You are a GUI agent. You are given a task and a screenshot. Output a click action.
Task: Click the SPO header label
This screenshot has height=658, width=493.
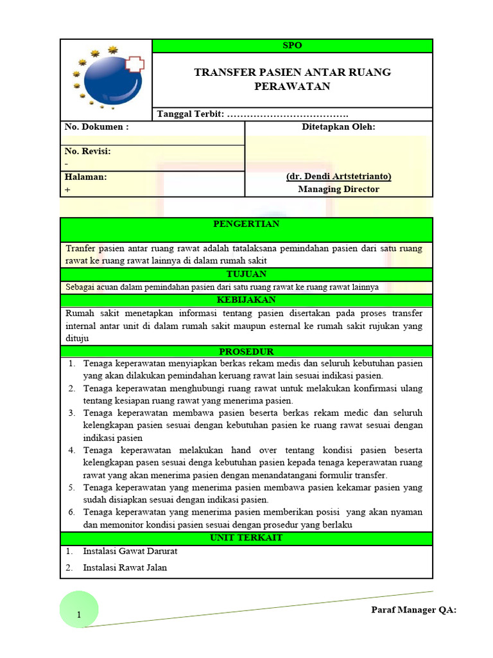292,46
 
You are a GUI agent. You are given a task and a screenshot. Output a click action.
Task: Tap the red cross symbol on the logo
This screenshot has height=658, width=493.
135,64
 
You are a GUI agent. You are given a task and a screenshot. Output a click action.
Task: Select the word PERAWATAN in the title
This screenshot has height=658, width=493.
292,86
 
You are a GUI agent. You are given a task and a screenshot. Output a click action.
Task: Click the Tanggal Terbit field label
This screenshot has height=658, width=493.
191,114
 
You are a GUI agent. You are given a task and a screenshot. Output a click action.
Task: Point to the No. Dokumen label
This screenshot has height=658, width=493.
97,127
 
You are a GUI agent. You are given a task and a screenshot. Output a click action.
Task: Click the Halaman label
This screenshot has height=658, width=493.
86,177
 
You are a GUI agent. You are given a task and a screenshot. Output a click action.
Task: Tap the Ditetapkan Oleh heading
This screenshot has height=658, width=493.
338,127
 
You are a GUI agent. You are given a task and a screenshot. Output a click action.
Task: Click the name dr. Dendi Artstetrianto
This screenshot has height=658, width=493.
338,177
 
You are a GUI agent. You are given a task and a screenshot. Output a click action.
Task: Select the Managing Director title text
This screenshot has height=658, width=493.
338,190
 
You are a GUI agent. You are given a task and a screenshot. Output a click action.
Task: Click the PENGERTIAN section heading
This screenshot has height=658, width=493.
246,224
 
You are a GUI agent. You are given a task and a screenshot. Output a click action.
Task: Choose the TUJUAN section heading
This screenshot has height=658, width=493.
246,274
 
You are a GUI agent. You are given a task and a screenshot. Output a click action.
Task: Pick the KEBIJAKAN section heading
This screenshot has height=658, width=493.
246,300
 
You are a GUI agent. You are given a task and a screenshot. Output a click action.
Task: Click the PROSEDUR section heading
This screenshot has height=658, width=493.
246,351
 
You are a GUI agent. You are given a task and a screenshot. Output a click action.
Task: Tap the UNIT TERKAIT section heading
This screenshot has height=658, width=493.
246,538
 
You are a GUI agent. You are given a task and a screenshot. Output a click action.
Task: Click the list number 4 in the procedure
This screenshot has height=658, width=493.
72,450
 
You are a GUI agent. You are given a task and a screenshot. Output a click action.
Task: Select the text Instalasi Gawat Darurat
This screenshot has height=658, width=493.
130,551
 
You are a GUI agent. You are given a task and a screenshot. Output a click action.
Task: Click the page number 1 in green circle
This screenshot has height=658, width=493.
78,616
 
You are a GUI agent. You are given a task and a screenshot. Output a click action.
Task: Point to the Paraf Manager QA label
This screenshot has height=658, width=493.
413,610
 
